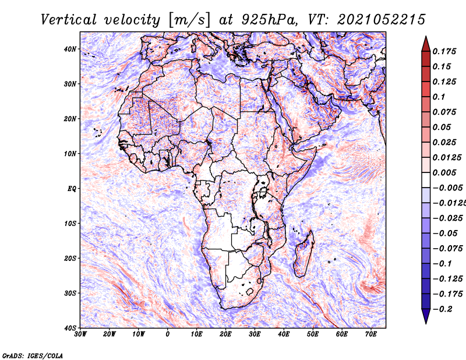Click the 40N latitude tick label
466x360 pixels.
(70, 49)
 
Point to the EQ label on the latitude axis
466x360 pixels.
(72, 189)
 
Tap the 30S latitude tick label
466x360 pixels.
(70, 293)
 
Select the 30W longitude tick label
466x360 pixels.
(80, 334)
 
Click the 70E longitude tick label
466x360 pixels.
(370, 334)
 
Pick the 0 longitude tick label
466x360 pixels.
(168, 334)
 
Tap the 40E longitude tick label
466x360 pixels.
(284, 334)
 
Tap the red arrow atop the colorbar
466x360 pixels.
(426, 43)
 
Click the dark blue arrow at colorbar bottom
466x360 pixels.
(426, 317)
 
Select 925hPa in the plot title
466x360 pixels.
(280, 19)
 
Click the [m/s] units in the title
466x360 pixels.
(185, 20)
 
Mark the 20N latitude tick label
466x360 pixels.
(70, 119)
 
